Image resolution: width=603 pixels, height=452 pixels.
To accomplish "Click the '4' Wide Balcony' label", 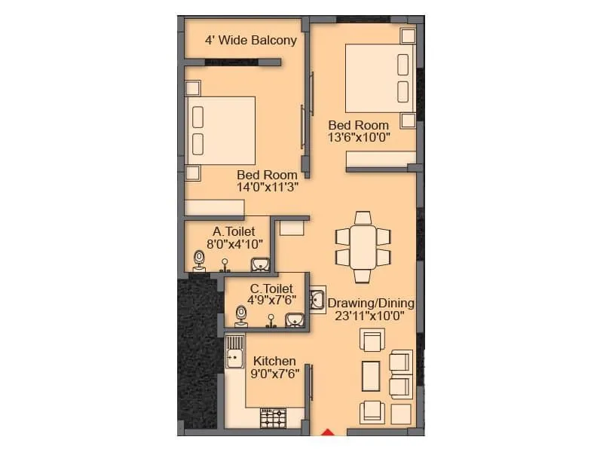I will [x=251, y=40].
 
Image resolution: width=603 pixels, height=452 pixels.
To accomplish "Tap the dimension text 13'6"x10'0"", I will [x=359, y=137].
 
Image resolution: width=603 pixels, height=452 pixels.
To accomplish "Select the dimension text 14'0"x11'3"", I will [x=268, y=188].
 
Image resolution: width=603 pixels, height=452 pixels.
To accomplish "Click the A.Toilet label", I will [x=234, y=231].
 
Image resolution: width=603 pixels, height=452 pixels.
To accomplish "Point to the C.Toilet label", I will [x=271, y=288].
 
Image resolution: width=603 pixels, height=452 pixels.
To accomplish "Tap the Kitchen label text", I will [x=274, y=362].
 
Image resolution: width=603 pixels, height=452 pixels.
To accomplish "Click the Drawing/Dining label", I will [x=371, y=304].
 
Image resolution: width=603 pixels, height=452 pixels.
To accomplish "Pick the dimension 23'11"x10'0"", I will [x=371, y=316].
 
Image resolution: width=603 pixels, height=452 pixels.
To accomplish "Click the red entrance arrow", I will [x=328, y=432].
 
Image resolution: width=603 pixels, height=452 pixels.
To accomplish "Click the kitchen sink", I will [x=234, y=354].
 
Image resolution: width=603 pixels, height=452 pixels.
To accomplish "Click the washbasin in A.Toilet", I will [x=261, y=263].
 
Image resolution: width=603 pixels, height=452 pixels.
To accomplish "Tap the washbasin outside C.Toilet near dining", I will [x=317, y=299].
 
